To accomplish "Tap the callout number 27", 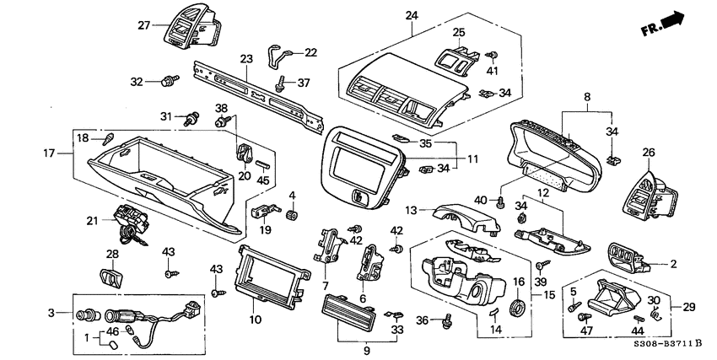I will pyautogui.click(x=143, y=25).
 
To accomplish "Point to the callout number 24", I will pyautogui.click(x=411, y=16).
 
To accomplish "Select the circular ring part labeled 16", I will pyautogui.click(x=518, y=308).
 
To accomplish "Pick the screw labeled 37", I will pyautogui.click(x=279, y=84).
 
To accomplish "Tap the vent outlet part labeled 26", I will pyautogui.click(x=648, y=196).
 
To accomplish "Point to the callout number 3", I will pyautogui.click(x=51, y=313).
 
